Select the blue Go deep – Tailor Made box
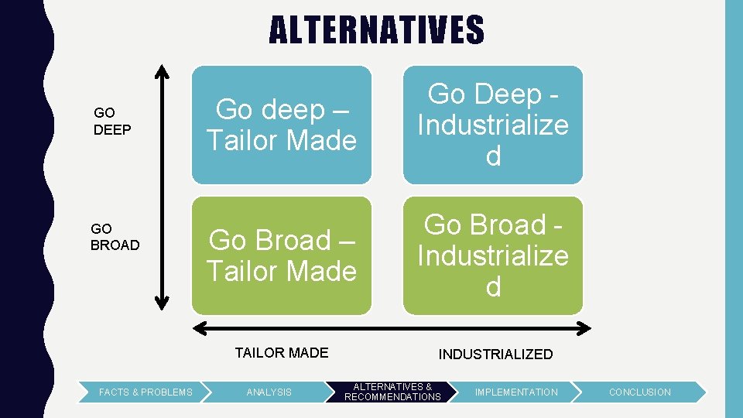pos(282,125)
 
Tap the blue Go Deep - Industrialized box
pos(493,125)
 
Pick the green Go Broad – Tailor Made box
pos(282,255)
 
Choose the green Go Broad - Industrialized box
pos(493,255)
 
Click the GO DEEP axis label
pos(112,122)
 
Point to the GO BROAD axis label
pos(115,237)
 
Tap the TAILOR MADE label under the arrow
pos(282,353)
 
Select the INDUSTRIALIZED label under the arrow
pos(495,355)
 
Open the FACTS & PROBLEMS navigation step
pos(146,392)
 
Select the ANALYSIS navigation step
pos(269,392)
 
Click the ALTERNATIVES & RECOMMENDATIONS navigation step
pos(392,392)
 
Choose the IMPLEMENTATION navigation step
pos(516,392)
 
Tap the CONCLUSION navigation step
pos(640,392)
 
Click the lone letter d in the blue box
pos(493,156)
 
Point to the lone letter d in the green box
pos(493,287)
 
